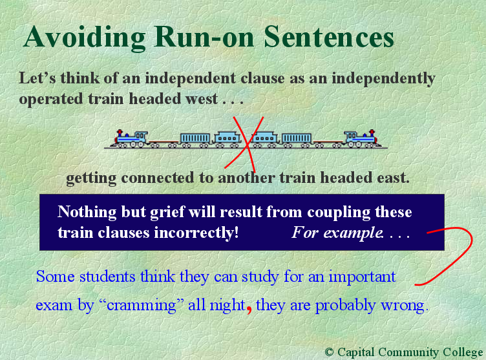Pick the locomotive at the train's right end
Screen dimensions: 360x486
tap(360, 138)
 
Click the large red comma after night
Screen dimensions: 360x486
tap(249, 306)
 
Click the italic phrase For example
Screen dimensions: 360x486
tap(335, 232)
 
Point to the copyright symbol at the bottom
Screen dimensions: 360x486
tap(330, 352)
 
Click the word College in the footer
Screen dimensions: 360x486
tap(461, 352)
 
